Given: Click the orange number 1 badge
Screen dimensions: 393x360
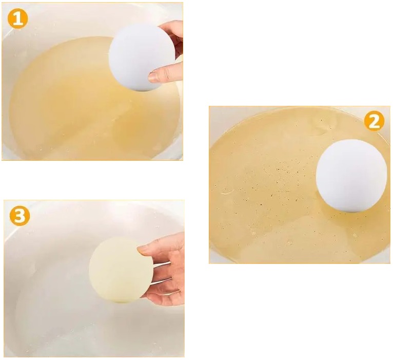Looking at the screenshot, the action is point(17,20).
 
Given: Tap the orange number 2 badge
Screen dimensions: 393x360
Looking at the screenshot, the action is point(374,121).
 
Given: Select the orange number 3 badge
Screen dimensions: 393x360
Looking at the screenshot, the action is point(19,216).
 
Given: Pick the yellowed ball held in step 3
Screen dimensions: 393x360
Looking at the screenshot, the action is point(120,270).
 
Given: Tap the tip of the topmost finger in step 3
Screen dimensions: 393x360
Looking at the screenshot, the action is point(142,249).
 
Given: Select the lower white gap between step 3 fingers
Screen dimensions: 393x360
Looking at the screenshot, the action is point(163,281).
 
